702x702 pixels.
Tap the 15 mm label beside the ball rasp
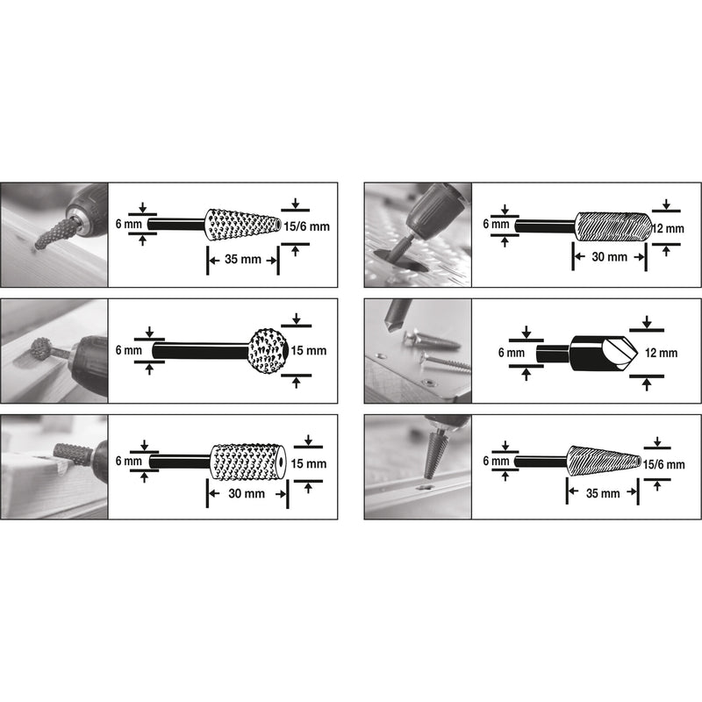click(x=309, y=350)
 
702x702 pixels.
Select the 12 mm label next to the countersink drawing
click(x=661, y=354)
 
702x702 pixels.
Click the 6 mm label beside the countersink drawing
click(x=512, y=354)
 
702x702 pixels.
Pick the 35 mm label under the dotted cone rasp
click(x=243, y=259)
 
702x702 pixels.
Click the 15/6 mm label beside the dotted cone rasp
click(x=306, y=226)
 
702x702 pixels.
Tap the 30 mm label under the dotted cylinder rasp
click(x=247, y=494)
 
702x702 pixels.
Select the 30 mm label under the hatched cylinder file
click(x=609, y=257)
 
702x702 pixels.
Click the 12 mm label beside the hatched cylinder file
click(x=668, y=229)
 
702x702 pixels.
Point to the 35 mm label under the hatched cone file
click(x=603, y=493)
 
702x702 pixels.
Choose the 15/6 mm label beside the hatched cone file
click(x=663, y=465)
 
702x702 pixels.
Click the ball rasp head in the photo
click(x=40, y=348)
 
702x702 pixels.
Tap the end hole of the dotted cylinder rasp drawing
click(x=281, y=462)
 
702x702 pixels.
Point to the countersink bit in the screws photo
click(x=397, y=316)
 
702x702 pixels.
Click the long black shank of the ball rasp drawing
click(x=201, y=351)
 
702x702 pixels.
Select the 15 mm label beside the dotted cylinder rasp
click(x=309, y=464)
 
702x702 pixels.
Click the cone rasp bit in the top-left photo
click(x=54, y=233)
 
